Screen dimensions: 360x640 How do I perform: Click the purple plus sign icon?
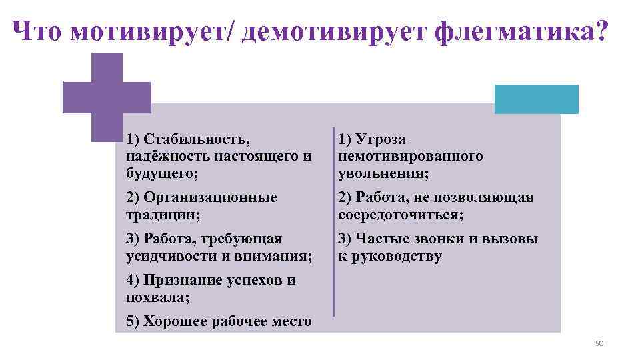[106, 97]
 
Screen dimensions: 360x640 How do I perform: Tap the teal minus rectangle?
[536, 99]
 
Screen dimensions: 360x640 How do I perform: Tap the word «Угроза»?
[381, 139]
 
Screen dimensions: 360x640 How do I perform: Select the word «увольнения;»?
[383, 173]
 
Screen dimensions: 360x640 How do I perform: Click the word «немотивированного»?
[411, 157]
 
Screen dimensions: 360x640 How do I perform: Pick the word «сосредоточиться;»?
[401, 215]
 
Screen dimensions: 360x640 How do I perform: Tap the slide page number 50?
[598, 343]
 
